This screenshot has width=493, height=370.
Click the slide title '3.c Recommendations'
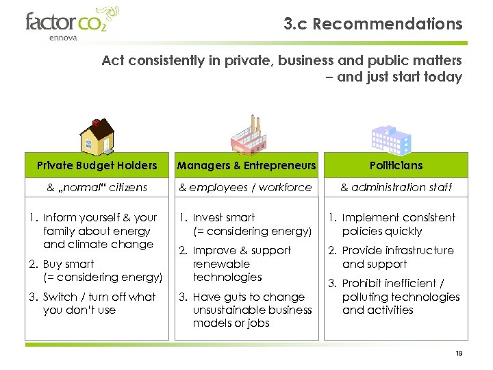point(373,24)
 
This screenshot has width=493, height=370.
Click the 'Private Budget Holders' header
point(97,165)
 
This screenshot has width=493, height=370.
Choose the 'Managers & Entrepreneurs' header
point(246,165)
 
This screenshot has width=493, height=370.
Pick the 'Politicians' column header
point(396,165)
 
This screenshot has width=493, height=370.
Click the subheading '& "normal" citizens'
point(97,187)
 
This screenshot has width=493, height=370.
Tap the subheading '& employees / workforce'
point(245,187)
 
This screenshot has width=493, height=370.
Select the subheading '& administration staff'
point(396,187)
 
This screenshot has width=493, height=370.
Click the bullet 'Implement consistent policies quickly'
point(398,224)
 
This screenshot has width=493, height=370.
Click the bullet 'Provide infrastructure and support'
point(397,257)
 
